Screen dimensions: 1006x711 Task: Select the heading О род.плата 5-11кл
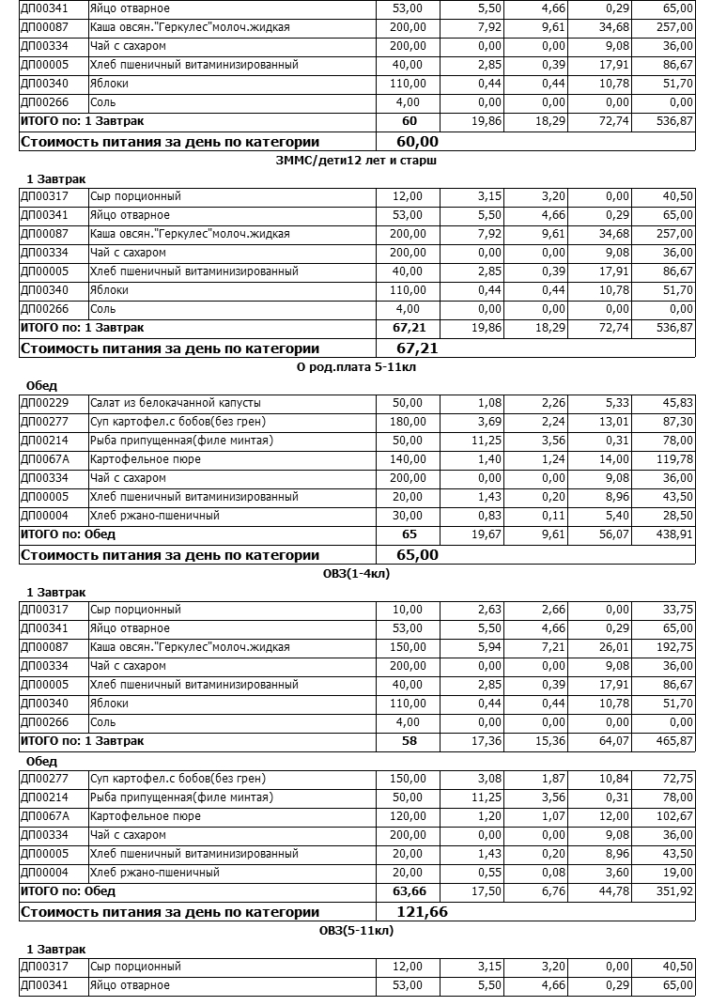point(356,367)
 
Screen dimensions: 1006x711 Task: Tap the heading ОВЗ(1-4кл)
point(356,574)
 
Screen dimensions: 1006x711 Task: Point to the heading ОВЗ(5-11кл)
point(356,931)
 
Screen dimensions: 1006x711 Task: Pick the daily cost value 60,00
point(418,142)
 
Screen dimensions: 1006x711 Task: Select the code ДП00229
point(44,403)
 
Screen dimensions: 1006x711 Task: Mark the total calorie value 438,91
point(673,534)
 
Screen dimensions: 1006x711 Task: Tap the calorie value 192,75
point(673,647)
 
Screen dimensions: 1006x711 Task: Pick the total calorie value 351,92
point(673,891)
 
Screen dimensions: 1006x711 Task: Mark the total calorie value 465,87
point(673,741)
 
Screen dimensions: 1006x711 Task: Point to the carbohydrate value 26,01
point(612,647)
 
